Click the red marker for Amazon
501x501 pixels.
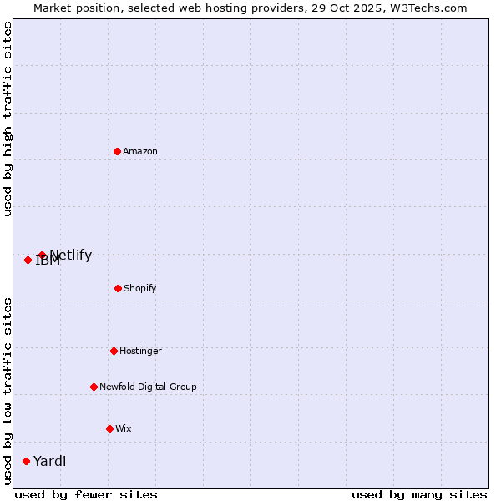pos(117,151)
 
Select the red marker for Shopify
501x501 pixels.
pos(118,288)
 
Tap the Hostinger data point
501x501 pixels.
pos(114,351)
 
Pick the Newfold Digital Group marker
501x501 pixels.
pos(94,387)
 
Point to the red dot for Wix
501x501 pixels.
pos(109,428)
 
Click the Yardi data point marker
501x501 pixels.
pos(26,461)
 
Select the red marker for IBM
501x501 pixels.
pos(28,260)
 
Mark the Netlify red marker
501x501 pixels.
pos(42,255)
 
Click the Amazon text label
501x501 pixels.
pos(140,151)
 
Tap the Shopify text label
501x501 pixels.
pos(140,288)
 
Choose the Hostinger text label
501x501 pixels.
pos(140,351)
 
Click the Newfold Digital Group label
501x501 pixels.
pos(148,387)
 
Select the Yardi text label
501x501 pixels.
pos(50,461)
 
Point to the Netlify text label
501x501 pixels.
pos(71,255)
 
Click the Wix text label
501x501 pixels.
pos(124,428)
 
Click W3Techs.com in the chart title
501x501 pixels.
pos(426,8)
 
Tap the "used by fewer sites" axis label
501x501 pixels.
pos(86,494)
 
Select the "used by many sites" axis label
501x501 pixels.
pos(419,494)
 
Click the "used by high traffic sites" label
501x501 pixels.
pos(8,119)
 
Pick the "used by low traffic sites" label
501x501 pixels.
pos(8,391)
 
